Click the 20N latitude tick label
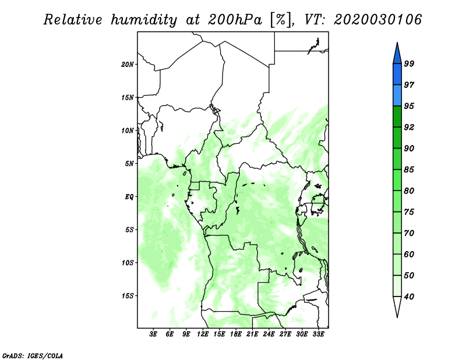click(x=128, y=65)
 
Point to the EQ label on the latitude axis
click(x=129, y=197)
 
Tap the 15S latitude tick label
click(x=128, y=296)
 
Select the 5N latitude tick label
click(x=129, y=164)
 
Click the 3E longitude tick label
click(x=153, y=334)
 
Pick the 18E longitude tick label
click(x=236, y=334)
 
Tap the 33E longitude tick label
click(x=318, y=334)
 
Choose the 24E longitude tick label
click(x=269, y=334)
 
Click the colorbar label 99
click(x=409, y=63)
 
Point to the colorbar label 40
click(x=409, y=297)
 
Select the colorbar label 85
click(x=409, y=170)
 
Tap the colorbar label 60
click(x=409, y=254)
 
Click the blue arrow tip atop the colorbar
click(x=397, y=43)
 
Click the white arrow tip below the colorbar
click(x=397, y=317)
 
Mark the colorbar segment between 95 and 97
click(x=397, y=96)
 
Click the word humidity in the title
click(x=144, y=20)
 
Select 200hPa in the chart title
click(x=235, y=20)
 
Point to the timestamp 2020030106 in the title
click(x=377, y=20)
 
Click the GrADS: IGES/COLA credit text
click(x=33, y=355)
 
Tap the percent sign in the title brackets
click(x=280, y=20)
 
